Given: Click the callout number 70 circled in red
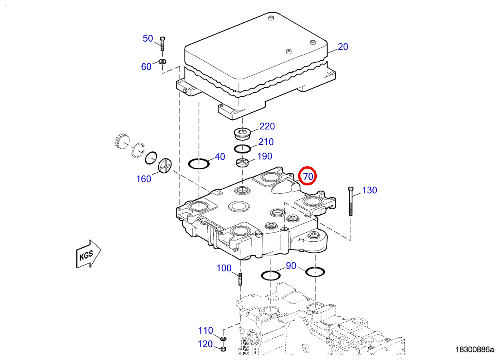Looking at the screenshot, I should click(308, 176).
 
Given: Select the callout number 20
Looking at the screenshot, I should click(343, 47).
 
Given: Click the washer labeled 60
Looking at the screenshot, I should click(162, 62).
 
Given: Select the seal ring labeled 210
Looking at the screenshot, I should click(242, 149).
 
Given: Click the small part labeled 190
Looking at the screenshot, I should click(242, 162).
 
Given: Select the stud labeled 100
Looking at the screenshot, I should click(241, 278).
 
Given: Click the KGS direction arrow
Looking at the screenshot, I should click(88, 254).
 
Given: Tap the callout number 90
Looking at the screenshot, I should click(291, 266).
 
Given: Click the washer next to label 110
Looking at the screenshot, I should click(223, 340).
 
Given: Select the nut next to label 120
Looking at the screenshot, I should click(223, 349).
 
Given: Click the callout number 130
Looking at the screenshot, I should click(369, 190).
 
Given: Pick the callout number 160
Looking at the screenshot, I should click(143, 179).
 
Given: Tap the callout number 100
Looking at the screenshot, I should click(224, 268).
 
